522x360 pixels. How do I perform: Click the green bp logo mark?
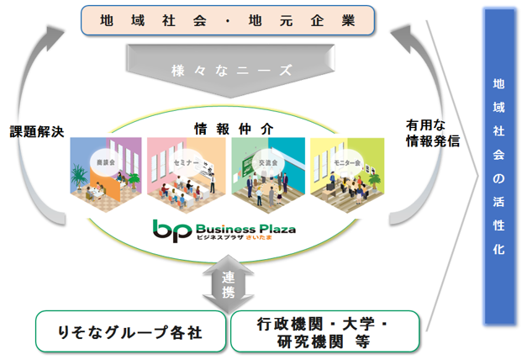[171, 229]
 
